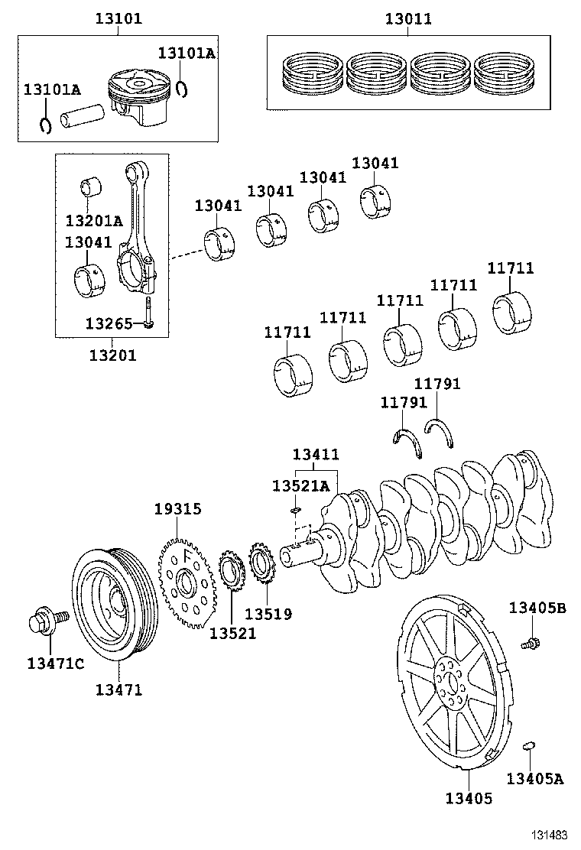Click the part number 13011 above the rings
tap(407, 19)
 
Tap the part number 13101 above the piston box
tap(118, 19)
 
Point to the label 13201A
tap(93, 222)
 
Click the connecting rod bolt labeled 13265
tap(149, 314)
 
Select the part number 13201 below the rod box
tap(112, 355)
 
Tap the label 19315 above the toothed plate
tap(177, 508)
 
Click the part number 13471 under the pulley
tap(118, 690)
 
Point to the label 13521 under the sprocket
tap(232, 633)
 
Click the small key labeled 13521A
tap(297, 510)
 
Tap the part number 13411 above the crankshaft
tap(315, 454)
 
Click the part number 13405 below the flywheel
tap(469, 799)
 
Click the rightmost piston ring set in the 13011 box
tap(506, 74)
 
